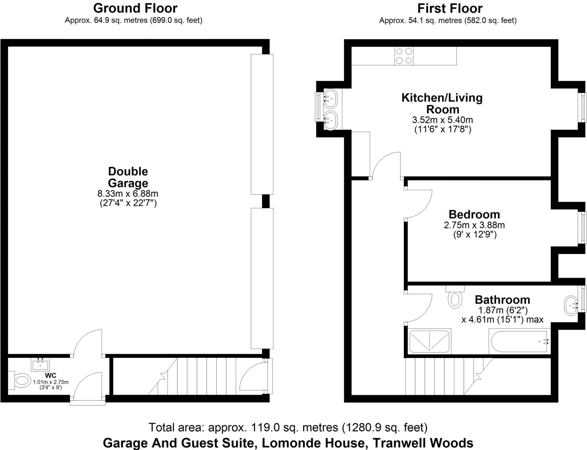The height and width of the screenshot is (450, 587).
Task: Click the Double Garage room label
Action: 128,177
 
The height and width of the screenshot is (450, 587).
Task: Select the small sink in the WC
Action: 40,365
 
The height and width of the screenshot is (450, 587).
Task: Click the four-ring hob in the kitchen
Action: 404,56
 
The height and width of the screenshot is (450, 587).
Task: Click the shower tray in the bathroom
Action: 429,341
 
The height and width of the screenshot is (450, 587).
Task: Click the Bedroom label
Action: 474,214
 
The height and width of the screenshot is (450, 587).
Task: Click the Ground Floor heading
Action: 135,8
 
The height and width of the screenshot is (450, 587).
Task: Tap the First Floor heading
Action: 450,8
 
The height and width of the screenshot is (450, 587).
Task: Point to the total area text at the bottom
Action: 288,427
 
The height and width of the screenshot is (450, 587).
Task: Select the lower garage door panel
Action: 262,278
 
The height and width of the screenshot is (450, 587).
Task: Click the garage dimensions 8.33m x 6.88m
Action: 128,194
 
